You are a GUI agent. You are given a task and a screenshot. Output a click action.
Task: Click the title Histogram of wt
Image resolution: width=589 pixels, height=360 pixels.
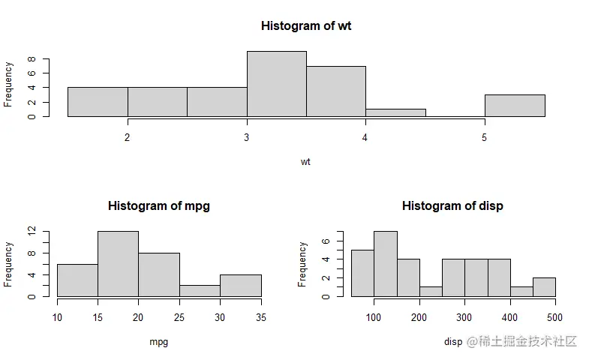[x=306, y=25]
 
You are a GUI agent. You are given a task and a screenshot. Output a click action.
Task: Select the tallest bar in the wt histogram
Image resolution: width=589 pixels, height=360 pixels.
[x=276, y=84]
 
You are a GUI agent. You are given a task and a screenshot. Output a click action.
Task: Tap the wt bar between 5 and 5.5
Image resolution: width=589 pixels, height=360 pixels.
[x=515, y=106]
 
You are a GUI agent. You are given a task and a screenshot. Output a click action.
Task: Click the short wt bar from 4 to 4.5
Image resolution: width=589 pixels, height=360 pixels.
[x=395, y=112]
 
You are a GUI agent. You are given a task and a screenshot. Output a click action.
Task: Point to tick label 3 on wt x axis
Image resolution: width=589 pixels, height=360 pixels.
[x=247, y=137]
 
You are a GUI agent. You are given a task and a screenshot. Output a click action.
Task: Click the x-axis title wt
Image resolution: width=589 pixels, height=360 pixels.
[x=305, y=161]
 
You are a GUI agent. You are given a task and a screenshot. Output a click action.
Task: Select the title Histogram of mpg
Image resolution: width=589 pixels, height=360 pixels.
[x=159, y=205]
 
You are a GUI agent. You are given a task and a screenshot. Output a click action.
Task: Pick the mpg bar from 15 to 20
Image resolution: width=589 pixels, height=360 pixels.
[x=118, y=264]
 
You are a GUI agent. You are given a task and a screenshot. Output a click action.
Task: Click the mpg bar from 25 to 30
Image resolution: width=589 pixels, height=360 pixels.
[x=200, y=290]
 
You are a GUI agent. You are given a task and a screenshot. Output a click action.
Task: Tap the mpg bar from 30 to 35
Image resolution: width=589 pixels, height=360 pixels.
[x=241, y=285]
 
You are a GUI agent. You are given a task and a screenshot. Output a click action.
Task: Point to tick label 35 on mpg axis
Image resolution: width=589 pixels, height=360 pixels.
[x=261, y=317]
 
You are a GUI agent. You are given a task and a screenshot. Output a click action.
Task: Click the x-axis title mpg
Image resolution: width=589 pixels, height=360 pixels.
[x=159, y=342]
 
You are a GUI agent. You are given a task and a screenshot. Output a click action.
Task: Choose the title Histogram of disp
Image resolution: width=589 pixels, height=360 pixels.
[x=452, y=205]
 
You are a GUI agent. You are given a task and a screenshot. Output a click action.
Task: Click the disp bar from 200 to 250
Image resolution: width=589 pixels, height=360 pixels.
[x=431, y=291]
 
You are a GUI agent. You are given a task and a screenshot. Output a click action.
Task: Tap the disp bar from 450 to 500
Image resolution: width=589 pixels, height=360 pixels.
[x=545, y=286]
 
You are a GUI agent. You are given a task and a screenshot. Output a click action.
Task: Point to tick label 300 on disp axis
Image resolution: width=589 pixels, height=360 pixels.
[x=465, y=317]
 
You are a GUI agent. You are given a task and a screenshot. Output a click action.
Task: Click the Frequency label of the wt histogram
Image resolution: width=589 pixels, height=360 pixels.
[x=8, y=84]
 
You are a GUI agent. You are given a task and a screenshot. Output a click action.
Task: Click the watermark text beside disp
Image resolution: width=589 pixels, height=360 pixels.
[x=521, y=342]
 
